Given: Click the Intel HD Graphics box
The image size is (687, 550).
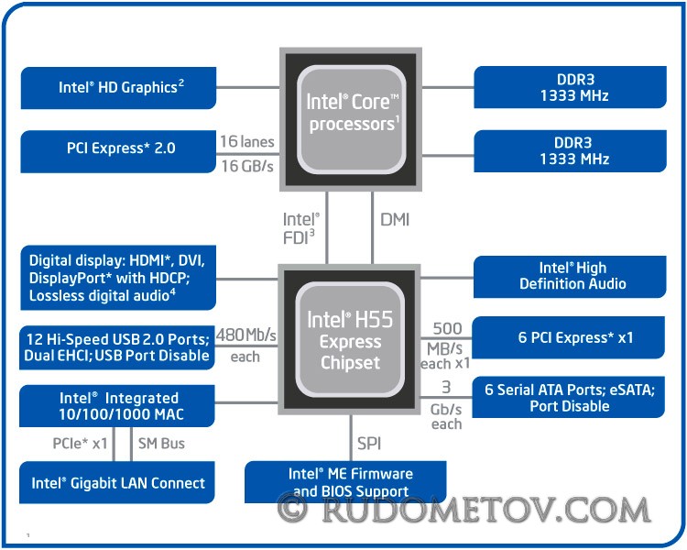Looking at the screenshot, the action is click(x=118, y=88).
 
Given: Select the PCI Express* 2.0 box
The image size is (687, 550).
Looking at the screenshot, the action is click(x=118, y=151).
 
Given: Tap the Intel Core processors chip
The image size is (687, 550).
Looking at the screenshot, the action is click(x=351, y=119).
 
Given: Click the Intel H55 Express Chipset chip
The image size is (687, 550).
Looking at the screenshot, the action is click(x=349, y=339).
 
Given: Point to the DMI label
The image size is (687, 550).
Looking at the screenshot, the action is click(x=395, y=220).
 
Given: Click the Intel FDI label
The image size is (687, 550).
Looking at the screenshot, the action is click(x=301, y=228).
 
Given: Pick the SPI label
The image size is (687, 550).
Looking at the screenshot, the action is click(x=369, y=444).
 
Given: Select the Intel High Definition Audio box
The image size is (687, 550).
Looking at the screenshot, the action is click(x=570, y=277).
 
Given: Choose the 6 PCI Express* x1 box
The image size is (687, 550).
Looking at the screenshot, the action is click(x=568, y=337).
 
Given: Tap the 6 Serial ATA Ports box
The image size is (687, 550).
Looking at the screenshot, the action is click(x=568, y=397).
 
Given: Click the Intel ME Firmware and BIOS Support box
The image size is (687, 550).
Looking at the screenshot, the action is click(x=345, y=481).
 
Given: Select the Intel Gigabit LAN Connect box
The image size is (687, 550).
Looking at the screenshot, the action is click(x=117, y=482).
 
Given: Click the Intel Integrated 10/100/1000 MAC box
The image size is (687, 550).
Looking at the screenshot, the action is click(x=117, y=406).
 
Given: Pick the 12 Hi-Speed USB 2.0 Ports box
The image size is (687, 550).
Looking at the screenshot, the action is click(x=117, y=347).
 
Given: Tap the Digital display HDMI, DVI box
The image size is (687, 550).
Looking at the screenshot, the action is click(x=118, y=278).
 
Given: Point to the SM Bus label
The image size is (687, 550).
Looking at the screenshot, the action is click(x=161, y=444).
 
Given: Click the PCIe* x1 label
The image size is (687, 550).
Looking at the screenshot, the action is click(x=80, y=444).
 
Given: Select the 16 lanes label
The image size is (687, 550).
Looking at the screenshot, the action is click(x=247, y=141).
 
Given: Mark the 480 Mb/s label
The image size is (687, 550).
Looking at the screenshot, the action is click(x=246, y=335).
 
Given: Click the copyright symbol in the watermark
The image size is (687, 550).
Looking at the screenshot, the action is click(x=293, y=508).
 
